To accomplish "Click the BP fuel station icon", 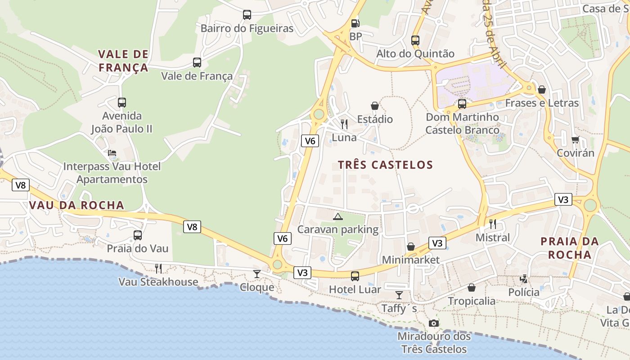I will pos(355,23).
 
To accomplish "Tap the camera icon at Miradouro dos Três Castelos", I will pos(433,323).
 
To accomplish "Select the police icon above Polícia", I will pos(523,279).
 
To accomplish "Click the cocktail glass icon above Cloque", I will pos(256,274).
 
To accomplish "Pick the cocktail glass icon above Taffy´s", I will pos(399,295).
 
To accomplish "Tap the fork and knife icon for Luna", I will pos(344,124).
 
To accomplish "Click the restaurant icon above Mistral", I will pos(493,224).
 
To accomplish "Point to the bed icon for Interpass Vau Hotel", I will pos(112,153).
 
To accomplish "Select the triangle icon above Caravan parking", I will pos(337,216).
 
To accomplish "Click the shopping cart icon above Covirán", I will pos(575,139).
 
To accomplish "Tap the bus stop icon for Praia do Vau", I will pos(138,235).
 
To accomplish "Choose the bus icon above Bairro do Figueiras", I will pos(247,15).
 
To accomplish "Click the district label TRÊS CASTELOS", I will pos(385,165).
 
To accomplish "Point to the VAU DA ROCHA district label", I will pos(76,205).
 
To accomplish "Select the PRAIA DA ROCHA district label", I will pos(569,248).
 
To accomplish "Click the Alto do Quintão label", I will pos(415,54).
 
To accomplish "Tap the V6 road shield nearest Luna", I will pos(310,141).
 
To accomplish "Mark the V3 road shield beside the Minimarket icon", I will pos(437,243).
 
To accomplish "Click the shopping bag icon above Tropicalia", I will pos(471,288).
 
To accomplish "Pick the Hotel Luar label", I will pos(355,289).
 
